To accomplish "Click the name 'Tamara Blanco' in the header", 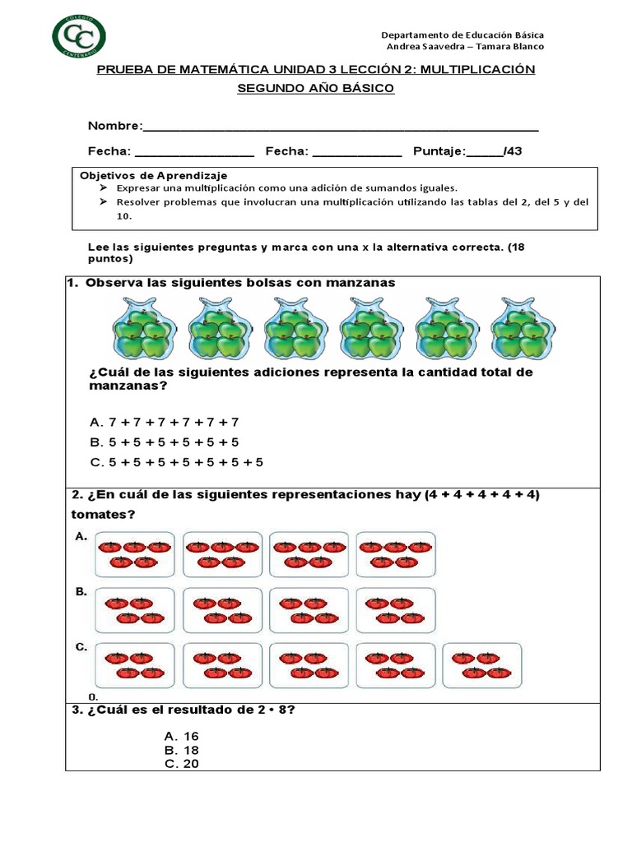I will coord(513,47).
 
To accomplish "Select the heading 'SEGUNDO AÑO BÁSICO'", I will coord(316,88).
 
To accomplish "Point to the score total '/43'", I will coord(512,151).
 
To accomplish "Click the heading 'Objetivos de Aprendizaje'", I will coord(153,176).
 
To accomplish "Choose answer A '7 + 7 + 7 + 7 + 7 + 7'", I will coord(164,422).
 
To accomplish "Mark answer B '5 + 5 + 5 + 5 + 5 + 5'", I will coord(164,442).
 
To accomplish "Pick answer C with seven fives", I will coord(176,462).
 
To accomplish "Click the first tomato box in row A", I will coord(135,554).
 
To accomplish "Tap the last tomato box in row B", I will coord(396,610).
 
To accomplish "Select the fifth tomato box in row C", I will coord(481,665).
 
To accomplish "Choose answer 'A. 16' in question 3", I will coord(182,736).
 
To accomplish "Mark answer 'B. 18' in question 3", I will coord(182,750).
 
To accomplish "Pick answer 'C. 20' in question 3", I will coord(182,764).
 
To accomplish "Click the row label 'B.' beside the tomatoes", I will coord(81,591).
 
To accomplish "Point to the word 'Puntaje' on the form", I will coord(439,151).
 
